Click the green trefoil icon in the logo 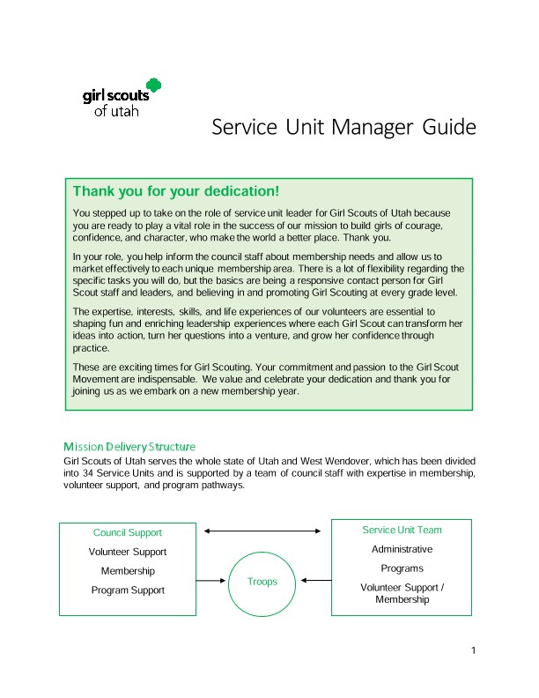pyautogui.click(x=154, y=85)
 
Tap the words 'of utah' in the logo pyautogui.click(x=115, y=111)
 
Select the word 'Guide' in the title pyautogui.click(x=449, y=128)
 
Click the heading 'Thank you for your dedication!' pyautogui.click(x=176, y=191)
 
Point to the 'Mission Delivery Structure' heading pyautogui.click(x=129, y=448)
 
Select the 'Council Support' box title pyautogui.click(x=128, y=532)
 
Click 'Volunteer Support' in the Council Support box pyautogui.click(x=128, y=552)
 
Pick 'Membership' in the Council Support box pyautogui.click(x=128, y=571)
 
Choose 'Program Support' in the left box pyautogui.click(x=128, y=590)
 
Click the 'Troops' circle pyautogui.click(x=262, y=582)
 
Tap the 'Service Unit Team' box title pyautogui.click(x=402, y=530)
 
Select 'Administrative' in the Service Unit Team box pyautogui.click(x=402, y=549)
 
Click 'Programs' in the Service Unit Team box pyautogui.click(x=402, y=568)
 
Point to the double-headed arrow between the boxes pyautogui.click(x=262, y=531)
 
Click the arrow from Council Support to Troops pyautogui.click(x=210, y=581)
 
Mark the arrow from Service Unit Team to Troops pyautogui.click(x=314, y=581)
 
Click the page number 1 pyautogui.click(x=474, y=651)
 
